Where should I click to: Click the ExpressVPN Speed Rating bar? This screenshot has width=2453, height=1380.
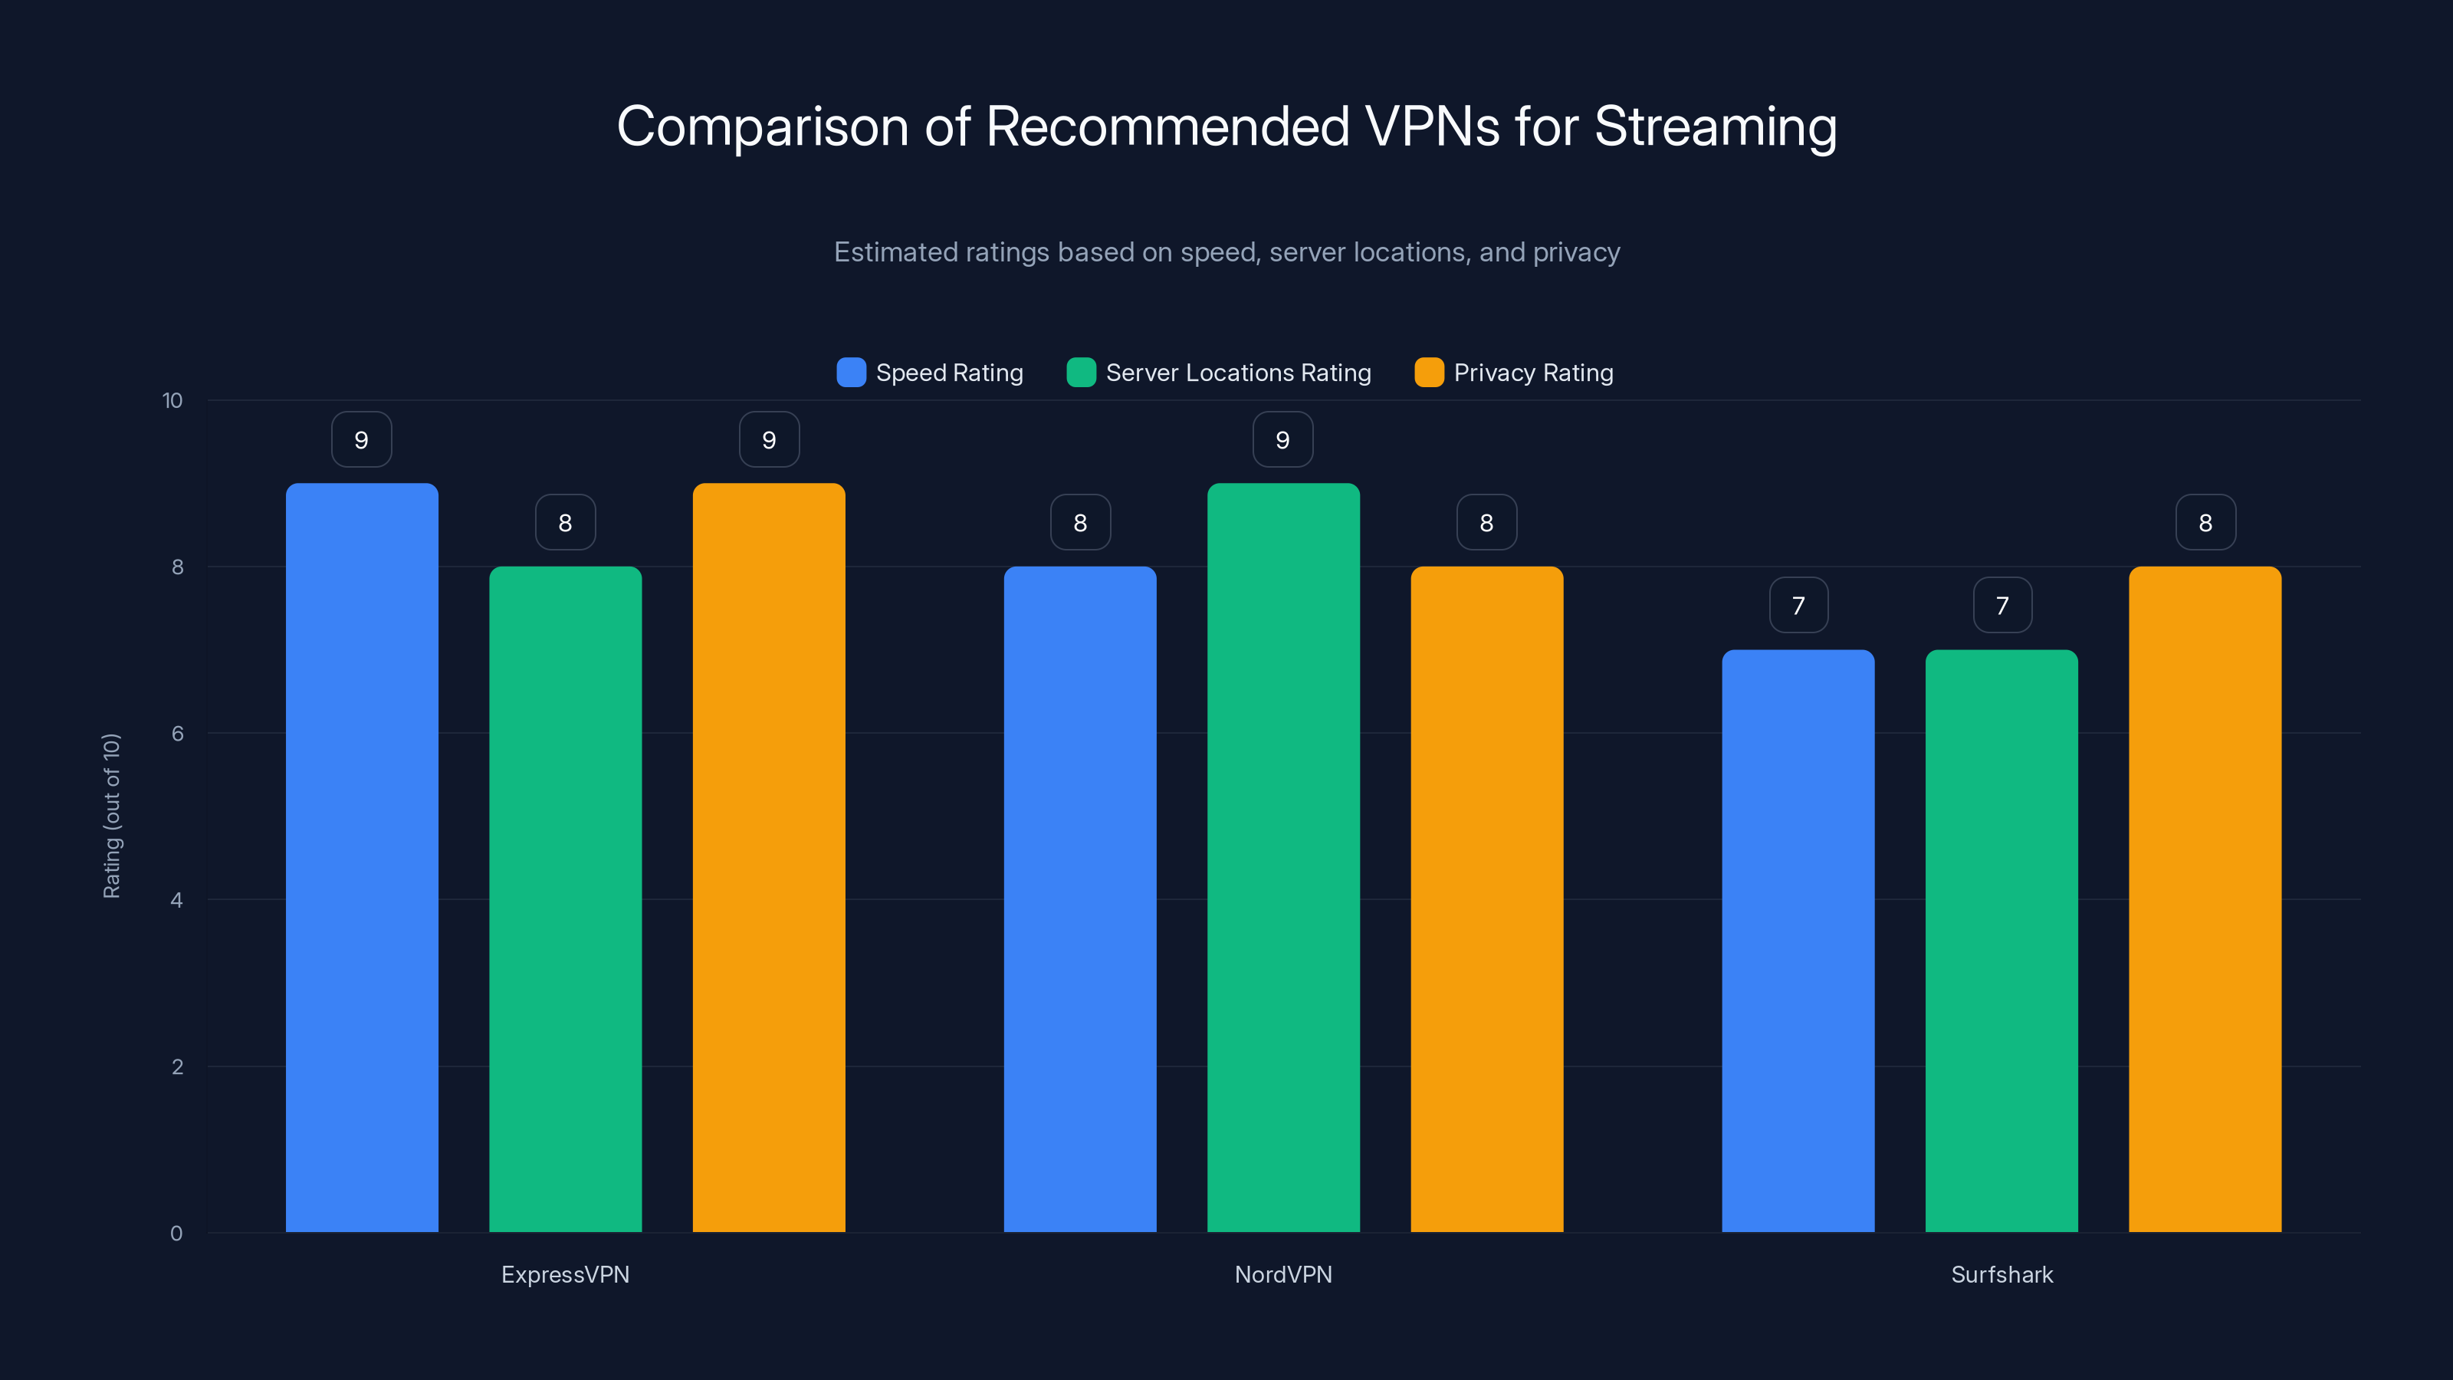coord(362,857)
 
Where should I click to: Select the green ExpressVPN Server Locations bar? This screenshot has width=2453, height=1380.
coord(565,899)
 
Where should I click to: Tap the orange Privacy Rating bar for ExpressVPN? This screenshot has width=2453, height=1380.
coord(768,857)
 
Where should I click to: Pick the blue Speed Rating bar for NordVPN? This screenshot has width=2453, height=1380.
coord(1080,899)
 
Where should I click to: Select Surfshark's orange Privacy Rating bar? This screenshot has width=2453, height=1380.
coord(2205,899)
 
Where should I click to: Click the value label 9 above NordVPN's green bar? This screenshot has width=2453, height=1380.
coord(1282,440)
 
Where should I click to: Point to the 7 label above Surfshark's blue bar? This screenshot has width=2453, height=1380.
coord(1798,606)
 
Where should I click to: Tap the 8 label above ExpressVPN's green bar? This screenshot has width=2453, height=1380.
coord(565,523)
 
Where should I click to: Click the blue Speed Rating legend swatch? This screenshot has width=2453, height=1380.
coord(850,373)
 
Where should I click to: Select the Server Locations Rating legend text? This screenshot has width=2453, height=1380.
coord(1238,373)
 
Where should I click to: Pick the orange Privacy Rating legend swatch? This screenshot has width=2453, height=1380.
coord(1428,373)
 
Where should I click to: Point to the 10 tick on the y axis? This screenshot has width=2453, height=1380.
coord(172,401)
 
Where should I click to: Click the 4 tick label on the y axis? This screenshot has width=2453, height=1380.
coord(176,900)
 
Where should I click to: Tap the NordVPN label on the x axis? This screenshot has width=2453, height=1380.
coord(1282,1274)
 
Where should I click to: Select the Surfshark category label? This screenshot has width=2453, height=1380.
coord(2001,1274)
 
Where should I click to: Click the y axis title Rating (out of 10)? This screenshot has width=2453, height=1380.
coord(111,815)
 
